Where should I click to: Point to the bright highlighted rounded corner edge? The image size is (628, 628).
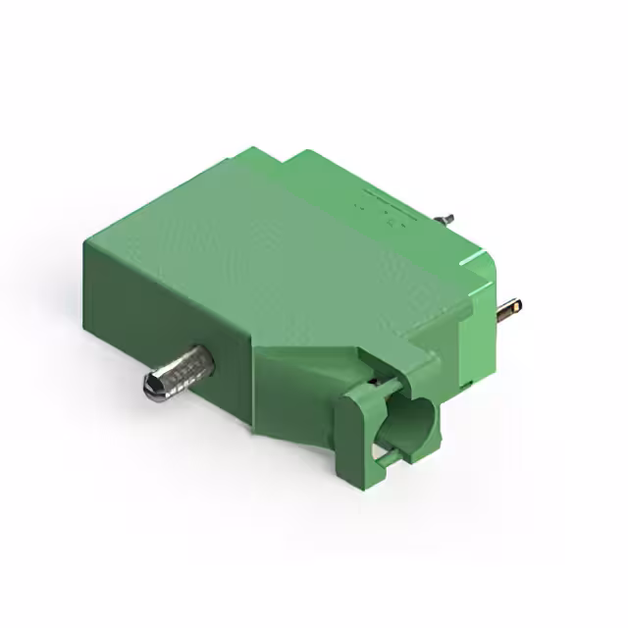coord(481,260)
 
